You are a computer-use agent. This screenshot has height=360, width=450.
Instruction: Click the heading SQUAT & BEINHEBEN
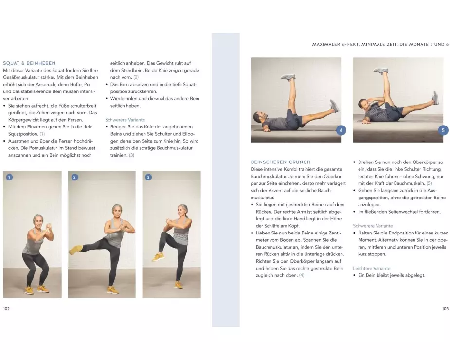click(x=29, y=63)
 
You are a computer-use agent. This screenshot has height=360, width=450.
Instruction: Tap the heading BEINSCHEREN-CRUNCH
click(x=281, y=162)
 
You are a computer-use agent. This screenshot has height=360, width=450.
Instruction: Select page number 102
click(x=6, y=309)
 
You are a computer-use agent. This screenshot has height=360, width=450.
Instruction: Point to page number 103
click(x=445, y=309)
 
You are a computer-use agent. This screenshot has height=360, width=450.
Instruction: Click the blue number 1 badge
click(x=9, y=177)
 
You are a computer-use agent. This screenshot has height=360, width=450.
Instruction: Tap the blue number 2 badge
click(x=74, y=177)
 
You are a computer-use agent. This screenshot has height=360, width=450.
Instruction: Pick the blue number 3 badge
click(x=148, y=177)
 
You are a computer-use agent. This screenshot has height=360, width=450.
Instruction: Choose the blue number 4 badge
click(x=341, y=130)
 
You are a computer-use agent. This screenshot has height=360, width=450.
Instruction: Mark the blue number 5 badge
click(x=443, y=130)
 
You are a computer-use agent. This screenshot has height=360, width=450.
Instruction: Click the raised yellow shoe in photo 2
click(x=75, y=250)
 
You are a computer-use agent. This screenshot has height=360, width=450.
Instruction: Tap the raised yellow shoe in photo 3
click(x=158, y=257)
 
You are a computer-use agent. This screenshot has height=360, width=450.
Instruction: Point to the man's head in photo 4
click(x=259, y=117)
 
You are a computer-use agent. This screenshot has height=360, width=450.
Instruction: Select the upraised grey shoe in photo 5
click(x=381, y=71)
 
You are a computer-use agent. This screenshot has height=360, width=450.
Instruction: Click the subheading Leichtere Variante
click(x=371, y=269)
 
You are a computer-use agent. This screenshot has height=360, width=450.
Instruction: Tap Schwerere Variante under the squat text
click(x=125, y=120)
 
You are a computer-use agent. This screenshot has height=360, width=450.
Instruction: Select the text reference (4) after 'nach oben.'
click(x=302, y=275)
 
